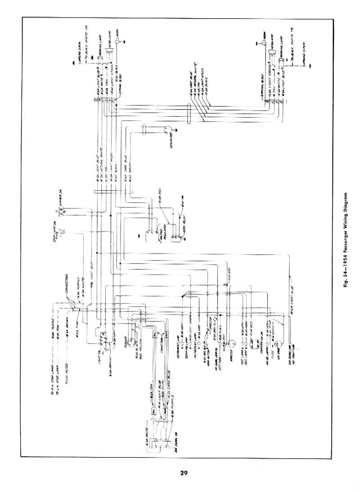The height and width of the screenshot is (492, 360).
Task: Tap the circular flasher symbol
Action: coord(130,341)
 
